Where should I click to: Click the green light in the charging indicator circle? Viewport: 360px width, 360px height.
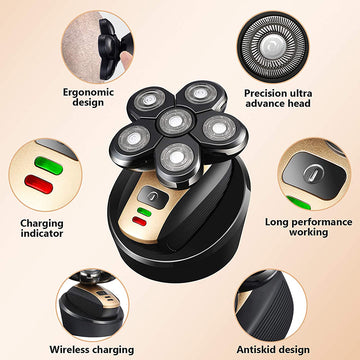(x=43, y=160)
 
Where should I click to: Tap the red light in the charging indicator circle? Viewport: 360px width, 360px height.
(x=43, y=183)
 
